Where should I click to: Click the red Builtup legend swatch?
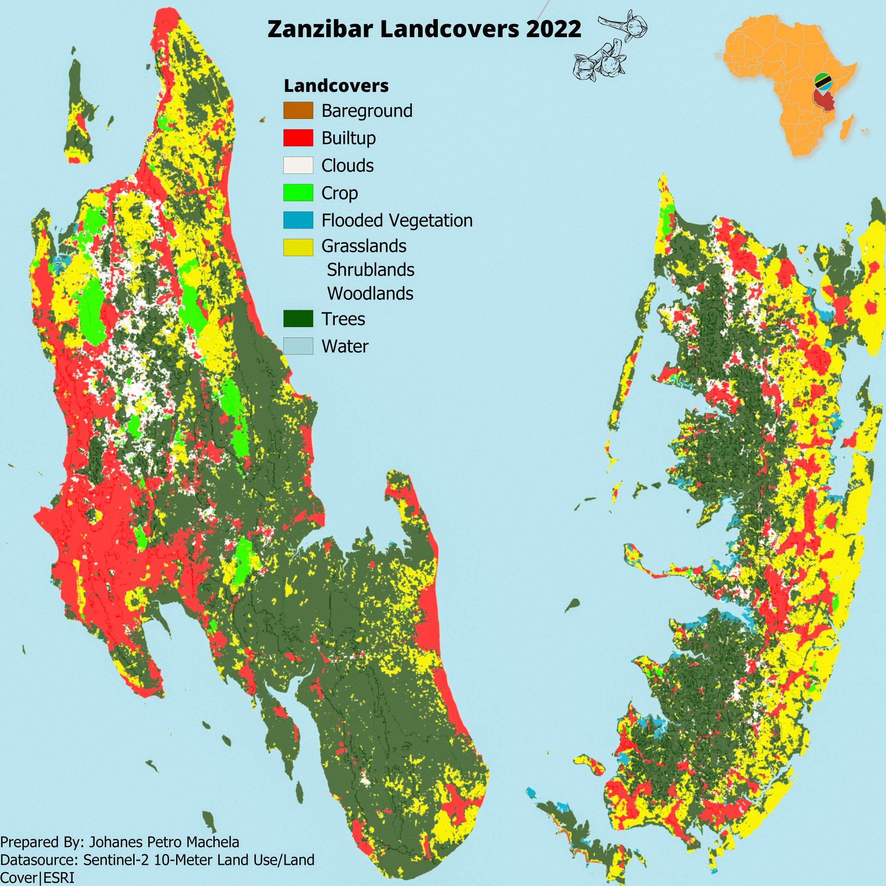click(x=298, y=138)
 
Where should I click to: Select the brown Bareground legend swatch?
click(x=298, y=110)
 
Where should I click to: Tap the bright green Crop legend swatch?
click(x=298, y=193)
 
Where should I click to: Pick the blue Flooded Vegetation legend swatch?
click(x=298, y=220)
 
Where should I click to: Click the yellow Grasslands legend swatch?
click(x=298, y=247)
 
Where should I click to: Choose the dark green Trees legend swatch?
click(x=298, y=319)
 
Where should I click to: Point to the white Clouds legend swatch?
click(x=298, y=165)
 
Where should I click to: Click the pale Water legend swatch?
click(x=298, y=346)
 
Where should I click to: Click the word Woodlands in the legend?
click(x=370, y=293)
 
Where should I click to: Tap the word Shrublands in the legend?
click(x=370, y=270)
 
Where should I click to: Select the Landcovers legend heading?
click(x=336, y=86)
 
